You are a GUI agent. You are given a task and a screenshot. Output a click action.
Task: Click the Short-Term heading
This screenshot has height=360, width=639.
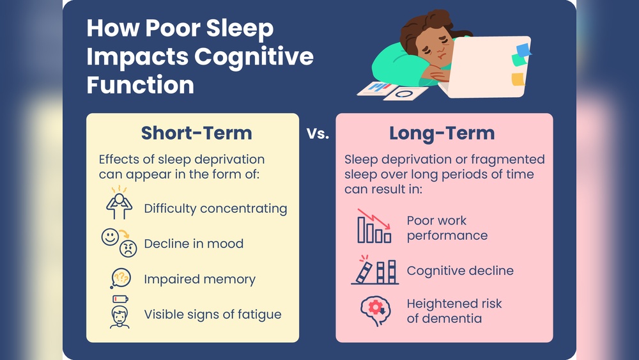point(197,133)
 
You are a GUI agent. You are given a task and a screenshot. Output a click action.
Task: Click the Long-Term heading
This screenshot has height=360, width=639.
point(442,133)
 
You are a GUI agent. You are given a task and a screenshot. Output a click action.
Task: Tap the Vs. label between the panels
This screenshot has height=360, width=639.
point(318,134)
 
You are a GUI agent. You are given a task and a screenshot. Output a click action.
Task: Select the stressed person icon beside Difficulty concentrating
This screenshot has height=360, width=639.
point(119,205)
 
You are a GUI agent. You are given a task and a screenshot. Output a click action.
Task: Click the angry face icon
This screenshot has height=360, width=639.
point(128,249)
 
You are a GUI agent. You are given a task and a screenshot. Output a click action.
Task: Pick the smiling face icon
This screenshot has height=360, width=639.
point(111,237)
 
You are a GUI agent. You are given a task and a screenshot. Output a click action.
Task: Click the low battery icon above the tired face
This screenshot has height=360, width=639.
point(120,299)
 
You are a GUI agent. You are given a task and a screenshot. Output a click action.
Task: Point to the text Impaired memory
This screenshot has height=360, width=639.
point(199,279)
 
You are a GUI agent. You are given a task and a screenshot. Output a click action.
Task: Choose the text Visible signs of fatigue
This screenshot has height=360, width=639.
point(212,314)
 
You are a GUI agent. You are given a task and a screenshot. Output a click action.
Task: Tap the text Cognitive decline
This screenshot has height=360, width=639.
point(460,270)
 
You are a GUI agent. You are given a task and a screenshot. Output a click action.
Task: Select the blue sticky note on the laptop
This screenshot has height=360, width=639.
point(523,50)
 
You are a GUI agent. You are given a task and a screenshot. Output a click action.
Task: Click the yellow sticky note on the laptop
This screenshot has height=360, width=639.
point(518,79)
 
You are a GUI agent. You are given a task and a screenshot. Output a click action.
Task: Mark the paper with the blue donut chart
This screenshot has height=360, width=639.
point(405,93)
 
